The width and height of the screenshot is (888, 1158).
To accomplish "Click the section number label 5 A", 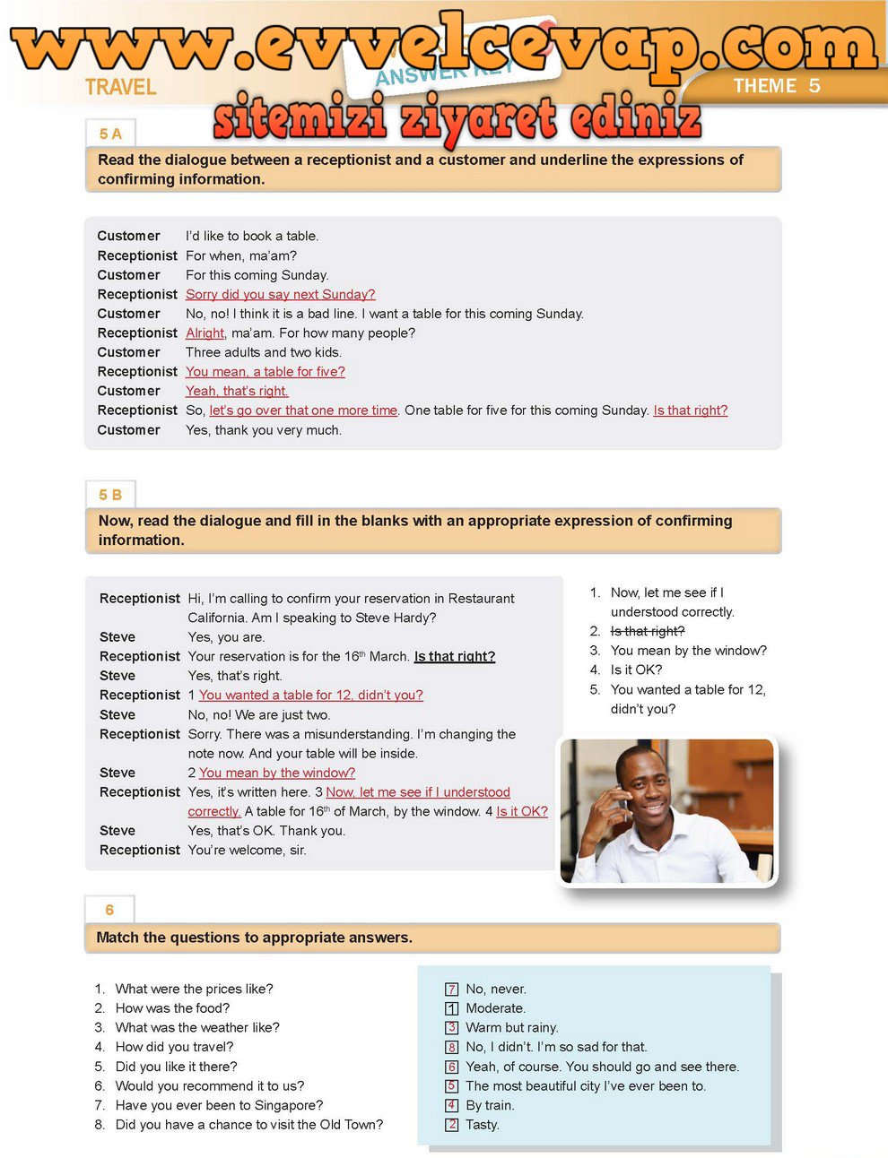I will (110, 134).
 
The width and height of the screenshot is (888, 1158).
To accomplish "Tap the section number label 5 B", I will (110, 495).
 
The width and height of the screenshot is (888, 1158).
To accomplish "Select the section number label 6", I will (109, 910).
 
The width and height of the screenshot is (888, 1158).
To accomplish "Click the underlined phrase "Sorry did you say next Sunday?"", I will (280, 294).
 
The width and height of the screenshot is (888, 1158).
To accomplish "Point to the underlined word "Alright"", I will (205, 333).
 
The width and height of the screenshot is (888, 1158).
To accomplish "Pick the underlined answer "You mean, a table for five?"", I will (265, 371).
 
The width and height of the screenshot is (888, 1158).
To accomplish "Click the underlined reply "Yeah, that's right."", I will (237, 391).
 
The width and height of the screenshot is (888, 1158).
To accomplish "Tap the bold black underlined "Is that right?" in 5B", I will (454, 656).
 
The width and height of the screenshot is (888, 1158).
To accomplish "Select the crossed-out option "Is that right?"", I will (647, 631).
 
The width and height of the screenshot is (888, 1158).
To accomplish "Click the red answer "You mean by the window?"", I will (276, 773).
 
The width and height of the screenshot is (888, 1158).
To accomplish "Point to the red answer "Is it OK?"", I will (521, 811).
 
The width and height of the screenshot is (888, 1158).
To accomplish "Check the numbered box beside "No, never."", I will (452, 989).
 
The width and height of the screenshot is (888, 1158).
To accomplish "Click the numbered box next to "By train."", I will (452, 1105).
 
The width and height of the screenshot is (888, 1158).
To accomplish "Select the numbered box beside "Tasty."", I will (452, 1125).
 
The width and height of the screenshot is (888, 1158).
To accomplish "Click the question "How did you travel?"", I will (174, 1047).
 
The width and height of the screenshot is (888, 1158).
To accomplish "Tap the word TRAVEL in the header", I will (121, 87).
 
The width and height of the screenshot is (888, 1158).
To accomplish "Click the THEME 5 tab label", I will (776, 86).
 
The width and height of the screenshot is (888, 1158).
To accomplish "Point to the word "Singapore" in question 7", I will (288, 1105).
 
